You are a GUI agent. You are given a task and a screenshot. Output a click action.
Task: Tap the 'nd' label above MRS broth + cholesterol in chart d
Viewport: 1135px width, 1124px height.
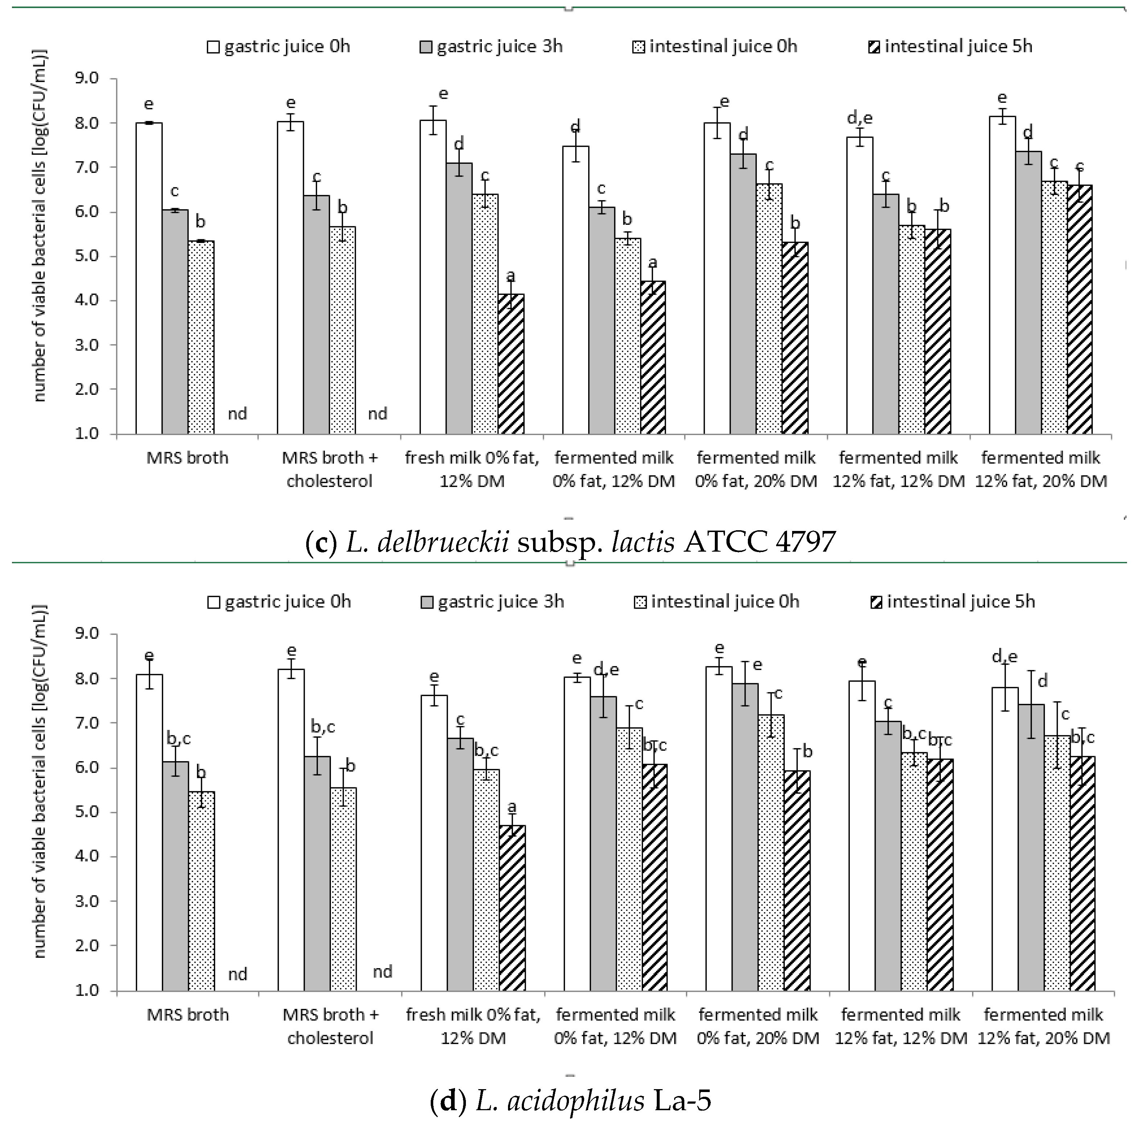click(382, 972)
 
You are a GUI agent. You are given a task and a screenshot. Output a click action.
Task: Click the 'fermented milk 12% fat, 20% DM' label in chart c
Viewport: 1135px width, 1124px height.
click(1040, 469)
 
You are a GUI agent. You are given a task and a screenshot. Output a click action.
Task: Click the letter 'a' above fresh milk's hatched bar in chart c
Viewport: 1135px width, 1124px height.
click(511, 275)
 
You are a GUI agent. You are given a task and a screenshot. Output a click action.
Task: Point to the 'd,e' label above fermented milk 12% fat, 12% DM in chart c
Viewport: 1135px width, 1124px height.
click(860, 118)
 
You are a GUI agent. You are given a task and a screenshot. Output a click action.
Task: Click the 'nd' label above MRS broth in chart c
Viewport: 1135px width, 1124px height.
click(237, 414)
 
